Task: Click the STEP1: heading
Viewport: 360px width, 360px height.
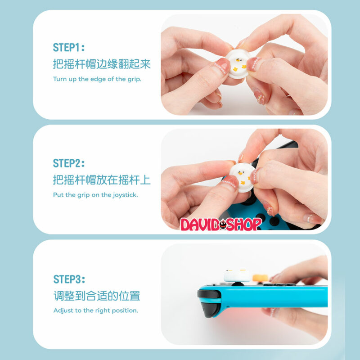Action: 69,48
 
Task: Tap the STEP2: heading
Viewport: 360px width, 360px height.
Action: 69,163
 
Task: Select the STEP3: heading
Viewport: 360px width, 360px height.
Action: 69,279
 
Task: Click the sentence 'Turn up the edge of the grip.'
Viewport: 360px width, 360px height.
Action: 97,79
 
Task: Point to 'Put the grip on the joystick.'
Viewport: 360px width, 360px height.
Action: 95,195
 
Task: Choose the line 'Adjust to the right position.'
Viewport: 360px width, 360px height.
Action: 96,310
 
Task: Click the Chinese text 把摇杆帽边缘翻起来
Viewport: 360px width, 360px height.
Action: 102,64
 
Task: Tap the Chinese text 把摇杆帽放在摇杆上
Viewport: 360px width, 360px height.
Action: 102,180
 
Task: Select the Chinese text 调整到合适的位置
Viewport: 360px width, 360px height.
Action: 97,296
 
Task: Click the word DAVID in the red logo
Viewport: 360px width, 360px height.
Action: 199,225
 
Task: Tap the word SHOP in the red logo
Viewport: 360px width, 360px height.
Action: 244,224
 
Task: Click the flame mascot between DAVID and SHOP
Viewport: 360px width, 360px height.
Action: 222,225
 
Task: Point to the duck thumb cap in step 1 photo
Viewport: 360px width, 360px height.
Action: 238,64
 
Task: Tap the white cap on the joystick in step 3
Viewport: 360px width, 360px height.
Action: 237,275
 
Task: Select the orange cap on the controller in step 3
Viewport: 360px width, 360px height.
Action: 261,278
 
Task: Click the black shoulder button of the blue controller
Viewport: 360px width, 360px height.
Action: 209,294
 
